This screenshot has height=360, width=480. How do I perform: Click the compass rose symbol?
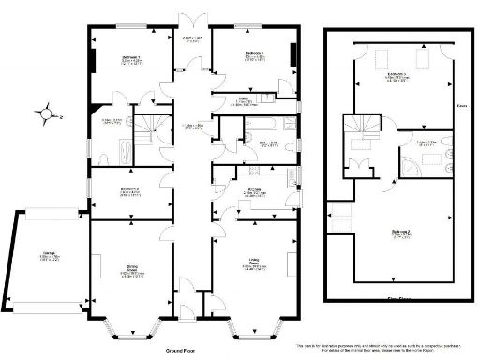(46, 114)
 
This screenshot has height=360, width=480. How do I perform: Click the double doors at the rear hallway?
(193, 23)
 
